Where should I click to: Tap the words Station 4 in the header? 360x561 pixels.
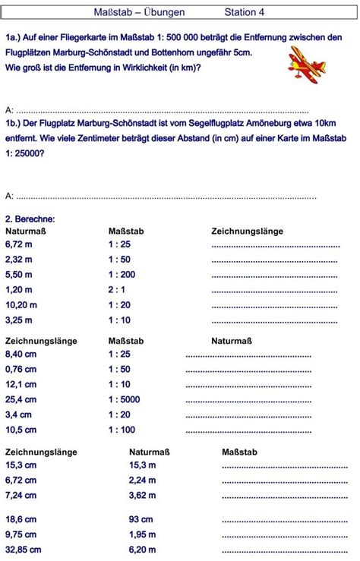pyautogui.click(x=245, y=13)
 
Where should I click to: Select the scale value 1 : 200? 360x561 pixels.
pyautogui.click(x=122, y=274)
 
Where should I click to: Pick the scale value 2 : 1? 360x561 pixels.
pyautogui.click(x=117, y=289)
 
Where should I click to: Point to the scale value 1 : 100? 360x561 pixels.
pyautogui.click(x=122, y=430)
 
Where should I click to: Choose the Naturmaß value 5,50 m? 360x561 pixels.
pyautogui.click(x=19, y=274)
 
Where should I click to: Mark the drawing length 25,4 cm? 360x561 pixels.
pyautogui.click(x=21, y=399)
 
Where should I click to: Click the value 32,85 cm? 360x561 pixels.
pyautogui.click(x=24, y=550)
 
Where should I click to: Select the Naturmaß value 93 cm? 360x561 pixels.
pyautogui.click(x=141, y=519)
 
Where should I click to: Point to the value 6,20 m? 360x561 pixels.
pyautogui.click(x=143, y=550)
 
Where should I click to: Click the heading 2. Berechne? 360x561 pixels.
pyautogui.click(x=30, y=219)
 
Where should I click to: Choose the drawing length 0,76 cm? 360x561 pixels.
pyautogui.click(x=21, y=369)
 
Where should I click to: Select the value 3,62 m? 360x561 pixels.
pyautogui.click(x=143, y=495)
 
